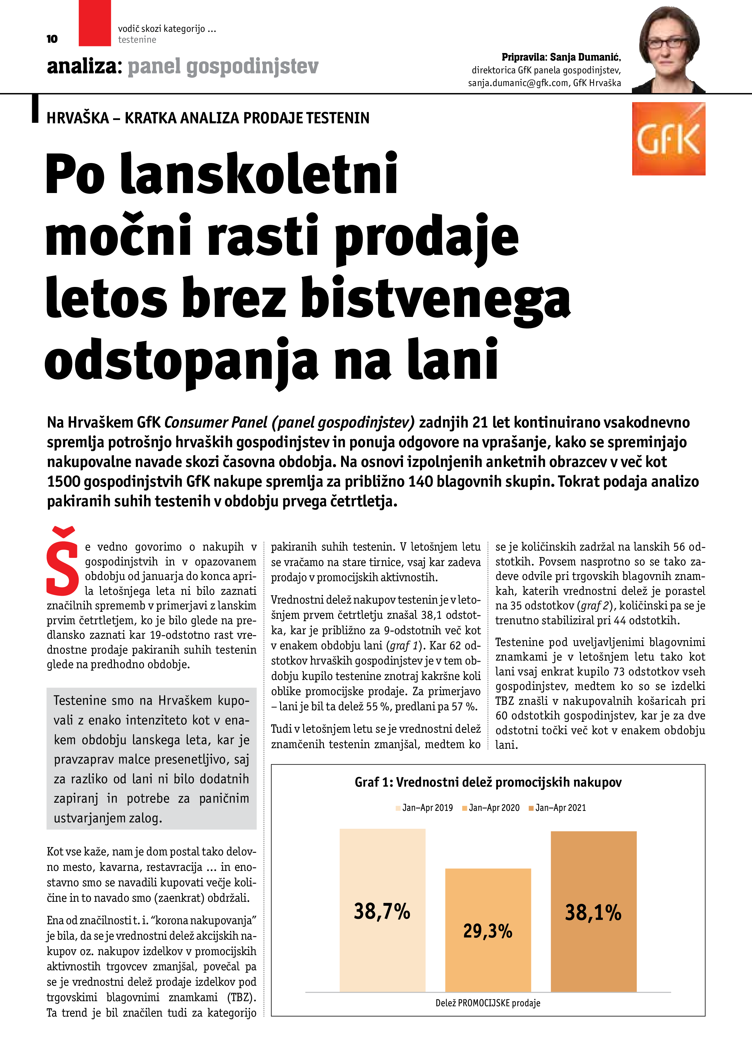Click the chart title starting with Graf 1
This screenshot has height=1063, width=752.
coord(488,782)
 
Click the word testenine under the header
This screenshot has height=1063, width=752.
coord(137,40)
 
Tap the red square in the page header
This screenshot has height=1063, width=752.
coord(95,23)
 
